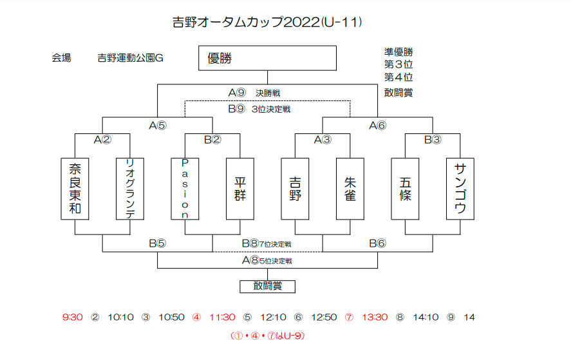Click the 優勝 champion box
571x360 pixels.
point(267,58)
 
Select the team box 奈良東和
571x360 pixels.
point(75,189)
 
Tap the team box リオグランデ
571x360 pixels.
point(130,189)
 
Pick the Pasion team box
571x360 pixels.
point(185,189)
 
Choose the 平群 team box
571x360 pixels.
point(240,189)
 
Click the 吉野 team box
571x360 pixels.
point(295,189)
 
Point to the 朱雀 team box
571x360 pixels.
point(350,189)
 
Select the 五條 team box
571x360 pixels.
point(405,189)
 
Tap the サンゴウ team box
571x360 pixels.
point(460,189)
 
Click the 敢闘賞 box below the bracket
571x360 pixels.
point(267,287)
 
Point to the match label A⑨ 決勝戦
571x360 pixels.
point(254,93)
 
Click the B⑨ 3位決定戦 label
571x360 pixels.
point(259,109)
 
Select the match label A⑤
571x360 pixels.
point(157,126)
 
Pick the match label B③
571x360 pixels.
point(433,140)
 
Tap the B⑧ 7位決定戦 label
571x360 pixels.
point(267,243)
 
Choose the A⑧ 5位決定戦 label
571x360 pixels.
point(267,260)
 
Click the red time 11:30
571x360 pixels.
point(222,317)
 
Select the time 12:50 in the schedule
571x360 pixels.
point(324,317)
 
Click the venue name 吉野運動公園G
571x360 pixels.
point(130,58)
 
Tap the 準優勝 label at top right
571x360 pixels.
point(398,52)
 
